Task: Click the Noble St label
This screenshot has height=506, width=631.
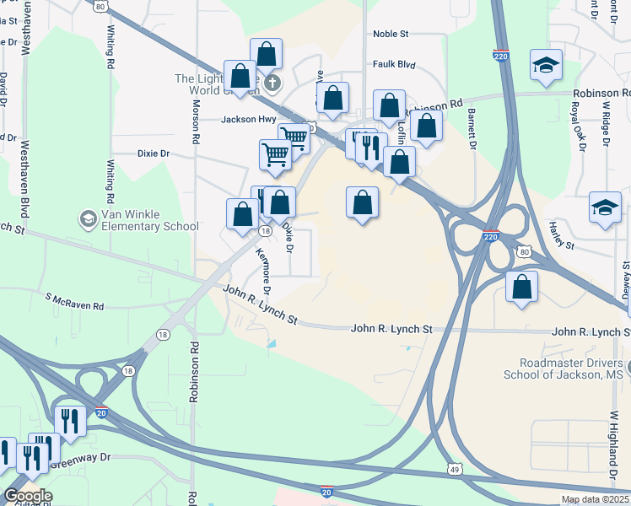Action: coord(391,35)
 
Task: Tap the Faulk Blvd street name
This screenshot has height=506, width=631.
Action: coord(395,64)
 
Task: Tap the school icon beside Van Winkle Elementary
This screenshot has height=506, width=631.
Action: coord(87,220)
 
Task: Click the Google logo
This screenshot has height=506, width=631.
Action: coord(28,496)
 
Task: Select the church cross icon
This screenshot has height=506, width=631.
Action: coord(272,83)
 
